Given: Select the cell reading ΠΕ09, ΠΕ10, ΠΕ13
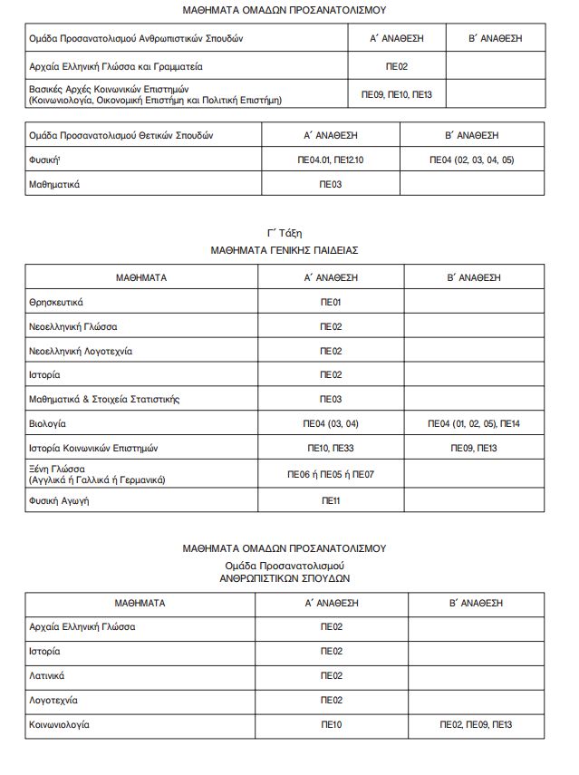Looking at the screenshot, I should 397,94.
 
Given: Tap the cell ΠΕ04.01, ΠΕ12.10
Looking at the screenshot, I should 331,160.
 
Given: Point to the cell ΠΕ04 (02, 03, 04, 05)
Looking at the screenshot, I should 471,160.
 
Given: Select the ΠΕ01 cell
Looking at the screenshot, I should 331,302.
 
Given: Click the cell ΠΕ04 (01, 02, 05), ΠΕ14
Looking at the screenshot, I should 474,423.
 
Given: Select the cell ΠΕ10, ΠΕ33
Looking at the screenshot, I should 331,448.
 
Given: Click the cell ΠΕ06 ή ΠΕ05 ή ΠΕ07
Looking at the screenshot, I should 331,474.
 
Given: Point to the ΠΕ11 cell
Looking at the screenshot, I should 331,500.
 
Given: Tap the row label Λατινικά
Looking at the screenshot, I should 47,675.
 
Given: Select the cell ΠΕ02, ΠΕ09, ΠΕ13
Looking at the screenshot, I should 476,724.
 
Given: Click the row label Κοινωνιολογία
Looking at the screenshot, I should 60,724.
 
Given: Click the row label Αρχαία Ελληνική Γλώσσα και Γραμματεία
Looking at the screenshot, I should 116,66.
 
